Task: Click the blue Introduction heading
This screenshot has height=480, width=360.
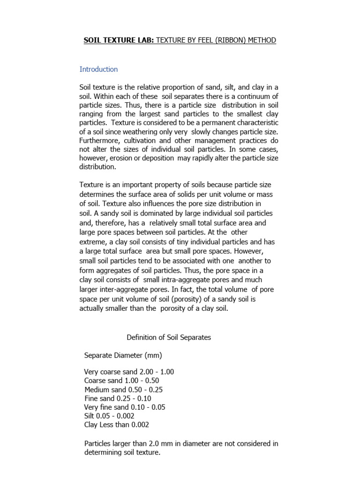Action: pos(98,69)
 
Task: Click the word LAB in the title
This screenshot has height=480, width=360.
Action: pos(141,40)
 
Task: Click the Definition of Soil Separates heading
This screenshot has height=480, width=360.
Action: pos(169,337)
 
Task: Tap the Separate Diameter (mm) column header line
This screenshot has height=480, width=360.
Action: pos(123,355)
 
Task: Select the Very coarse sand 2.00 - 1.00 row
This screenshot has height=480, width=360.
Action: pos(129,372)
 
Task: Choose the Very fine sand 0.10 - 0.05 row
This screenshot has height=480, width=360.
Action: pos(125,407)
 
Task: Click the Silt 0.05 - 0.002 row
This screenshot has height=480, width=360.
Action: pos(110,416)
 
